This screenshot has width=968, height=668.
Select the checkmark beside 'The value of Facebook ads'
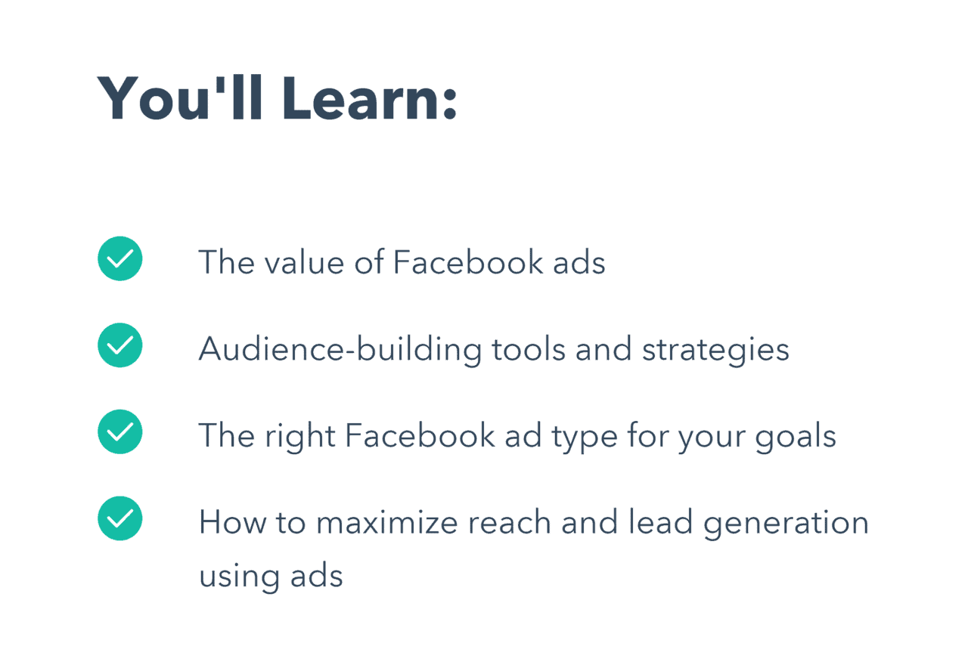[120, 258]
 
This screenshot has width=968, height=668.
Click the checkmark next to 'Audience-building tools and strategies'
[120, 345]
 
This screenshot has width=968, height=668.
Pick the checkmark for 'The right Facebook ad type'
[120, 431]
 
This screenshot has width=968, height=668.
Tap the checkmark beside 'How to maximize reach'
[120, 518]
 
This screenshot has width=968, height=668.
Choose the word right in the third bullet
[298, 437]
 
